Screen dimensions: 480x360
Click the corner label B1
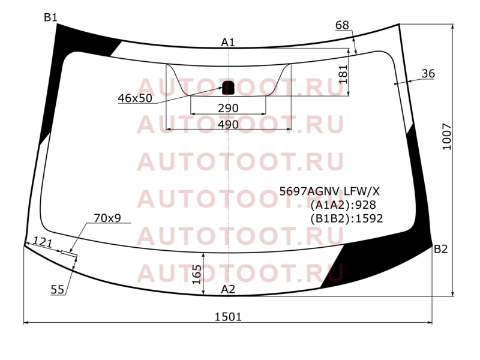coord(50,17)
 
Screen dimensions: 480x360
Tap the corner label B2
coord(441,249)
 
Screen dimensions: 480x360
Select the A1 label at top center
coord(228,42)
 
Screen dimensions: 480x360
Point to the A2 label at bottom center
coord(228,289)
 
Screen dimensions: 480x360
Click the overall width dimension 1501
coord(228,317)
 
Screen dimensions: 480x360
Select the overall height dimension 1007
coord(447,137)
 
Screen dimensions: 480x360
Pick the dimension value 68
coord(342,25)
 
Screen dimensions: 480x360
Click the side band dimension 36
coord(428,73)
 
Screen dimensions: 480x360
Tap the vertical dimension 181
coord(343,74)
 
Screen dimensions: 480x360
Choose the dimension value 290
coord(228,108)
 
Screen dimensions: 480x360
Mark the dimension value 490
coord(228,125)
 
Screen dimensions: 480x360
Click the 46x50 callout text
coord(135,98)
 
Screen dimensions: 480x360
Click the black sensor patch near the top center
coord(228,88)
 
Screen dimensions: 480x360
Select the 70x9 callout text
coord(107,218)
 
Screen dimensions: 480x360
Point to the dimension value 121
coord(43,242)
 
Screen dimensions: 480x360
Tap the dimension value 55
coord(57,289)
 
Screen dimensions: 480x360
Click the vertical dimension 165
coord(197,275)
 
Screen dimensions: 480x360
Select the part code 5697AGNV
coord(310,191)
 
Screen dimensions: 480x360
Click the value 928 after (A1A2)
coord(365,205)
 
